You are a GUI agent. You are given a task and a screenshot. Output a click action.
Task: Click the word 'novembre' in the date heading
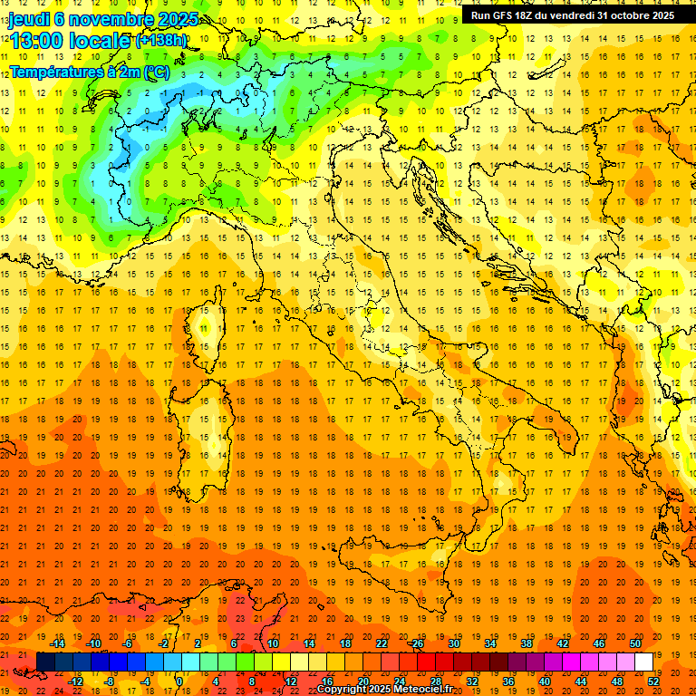(108, 19)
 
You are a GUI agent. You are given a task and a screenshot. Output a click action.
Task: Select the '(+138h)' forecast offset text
(160, 41)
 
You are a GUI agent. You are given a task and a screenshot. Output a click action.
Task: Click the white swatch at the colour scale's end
(643, 662)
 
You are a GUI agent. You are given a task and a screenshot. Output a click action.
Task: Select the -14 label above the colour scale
(59, 643)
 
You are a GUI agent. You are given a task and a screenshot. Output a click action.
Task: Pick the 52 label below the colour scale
(652, 681)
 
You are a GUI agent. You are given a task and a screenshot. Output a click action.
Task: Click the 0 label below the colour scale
(180, 681)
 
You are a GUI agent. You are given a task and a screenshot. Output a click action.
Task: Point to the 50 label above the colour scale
(635, 643)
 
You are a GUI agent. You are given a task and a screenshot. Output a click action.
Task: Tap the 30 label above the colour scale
(454, 643)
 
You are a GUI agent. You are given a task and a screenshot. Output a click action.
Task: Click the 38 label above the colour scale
(527, 643)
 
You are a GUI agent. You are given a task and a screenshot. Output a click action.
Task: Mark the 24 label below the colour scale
(399, 681)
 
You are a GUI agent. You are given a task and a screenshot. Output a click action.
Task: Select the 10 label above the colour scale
(272, 643)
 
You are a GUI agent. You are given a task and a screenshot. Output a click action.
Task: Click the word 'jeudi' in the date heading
(28, 19)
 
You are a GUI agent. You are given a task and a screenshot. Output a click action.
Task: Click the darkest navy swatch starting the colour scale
(45, 662)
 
